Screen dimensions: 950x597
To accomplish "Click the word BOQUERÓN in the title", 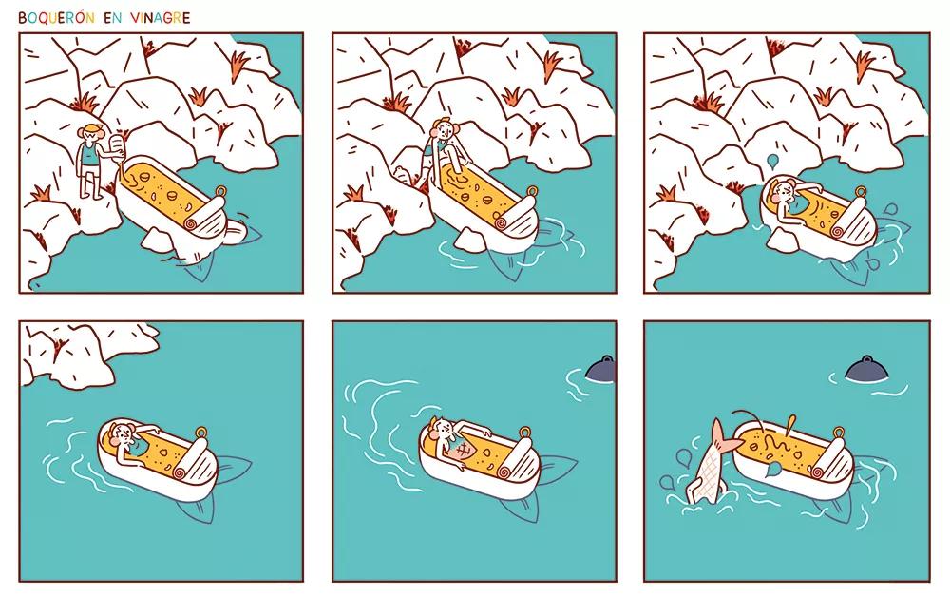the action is tap(56, 17).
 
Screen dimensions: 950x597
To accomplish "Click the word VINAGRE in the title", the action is tap(160, 17).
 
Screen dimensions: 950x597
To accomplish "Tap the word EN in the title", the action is tap(113, 17).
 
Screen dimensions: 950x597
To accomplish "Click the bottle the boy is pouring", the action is tap(117, 148).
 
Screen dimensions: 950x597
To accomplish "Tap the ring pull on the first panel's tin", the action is tap(221, 191).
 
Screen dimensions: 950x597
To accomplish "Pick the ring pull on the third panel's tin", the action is tap(861, 191).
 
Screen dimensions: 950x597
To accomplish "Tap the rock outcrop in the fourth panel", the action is tap(85, 354).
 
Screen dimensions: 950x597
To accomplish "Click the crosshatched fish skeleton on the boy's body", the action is tap(461, 452).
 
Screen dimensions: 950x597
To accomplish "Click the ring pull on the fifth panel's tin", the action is tap(524, 433).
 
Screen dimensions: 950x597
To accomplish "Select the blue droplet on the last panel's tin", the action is tap(772, 469).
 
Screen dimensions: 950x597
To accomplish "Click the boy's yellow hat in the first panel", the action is tap(93, 128).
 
